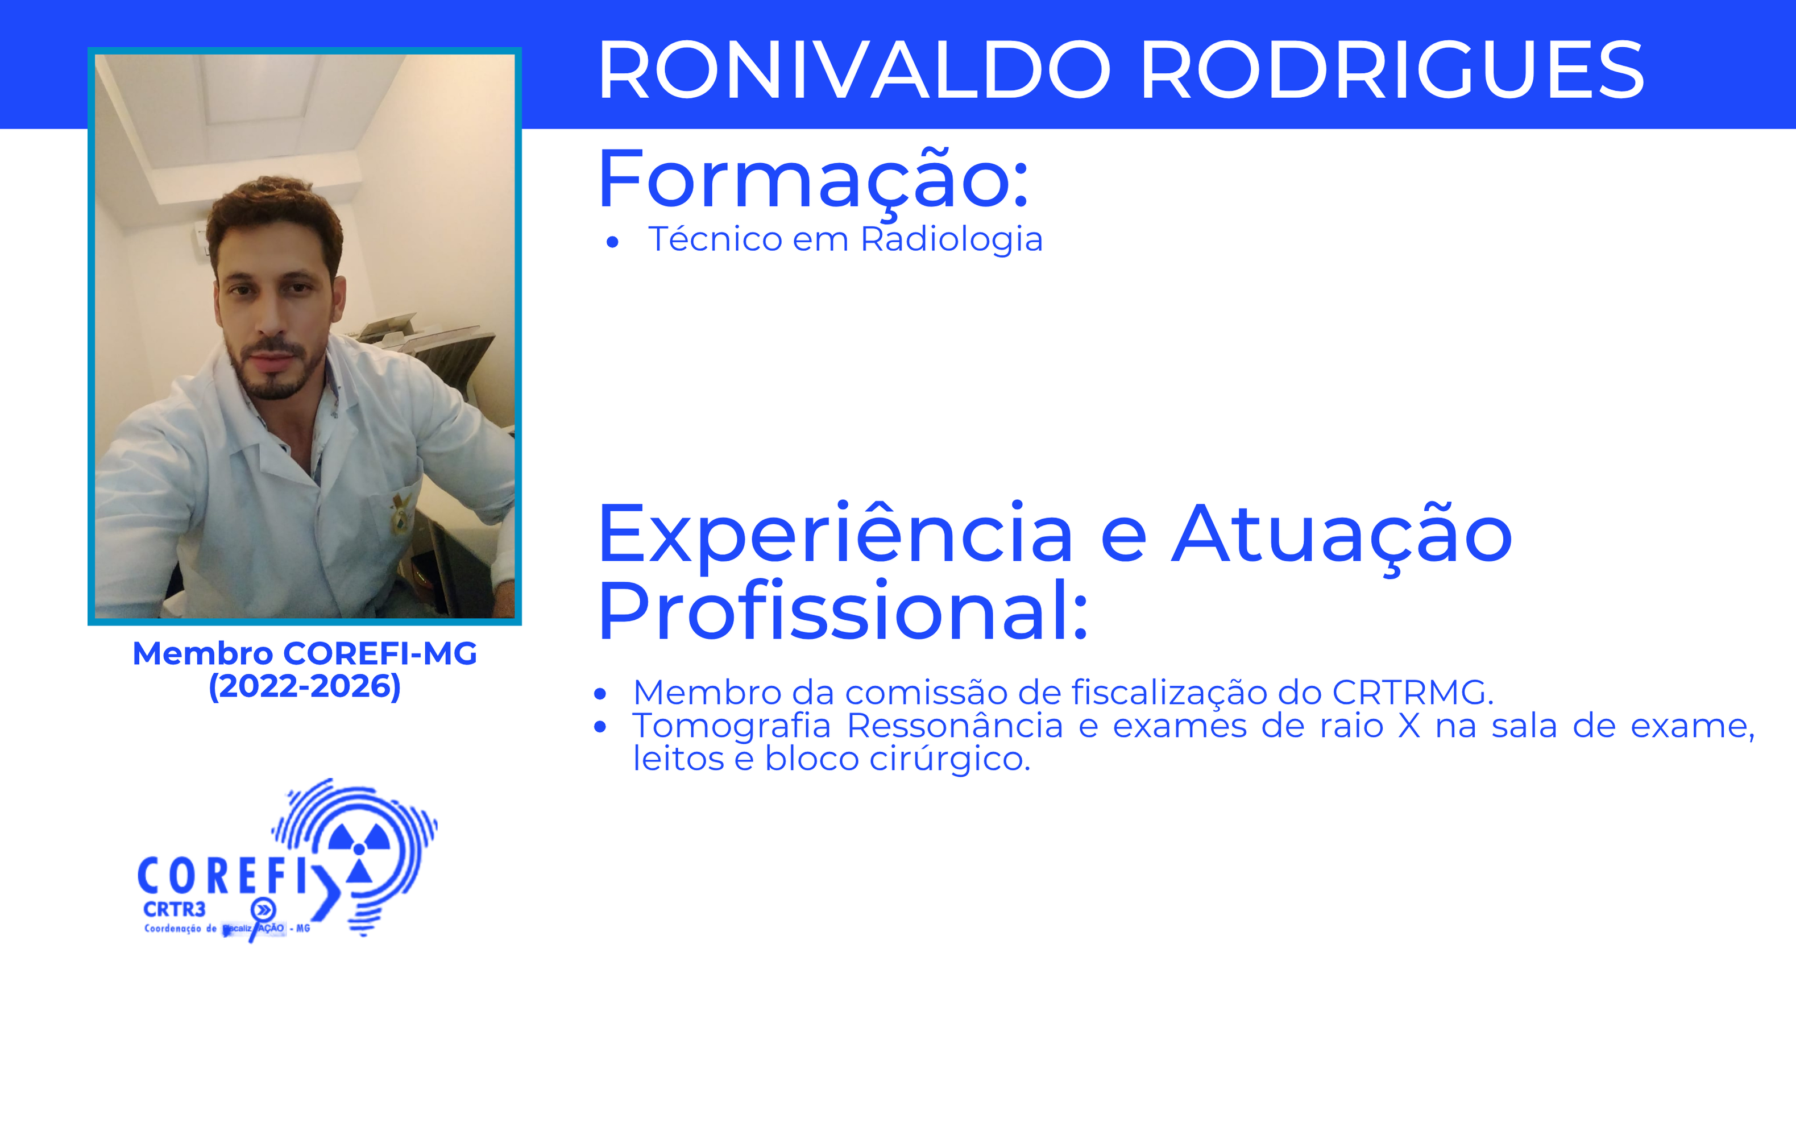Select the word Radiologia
pos(951,239)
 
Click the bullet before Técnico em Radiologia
pos(612,242)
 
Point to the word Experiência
pos(835,536)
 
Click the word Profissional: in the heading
pos(843,612)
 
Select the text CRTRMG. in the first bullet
pos(1413,693)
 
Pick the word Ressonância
pos(955,726)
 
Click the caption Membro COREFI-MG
pos(304,654)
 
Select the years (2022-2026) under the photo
pos(304,686)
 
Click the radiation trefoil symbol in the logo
pos(359,851)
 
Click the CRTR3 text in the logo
pos(174,910)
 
